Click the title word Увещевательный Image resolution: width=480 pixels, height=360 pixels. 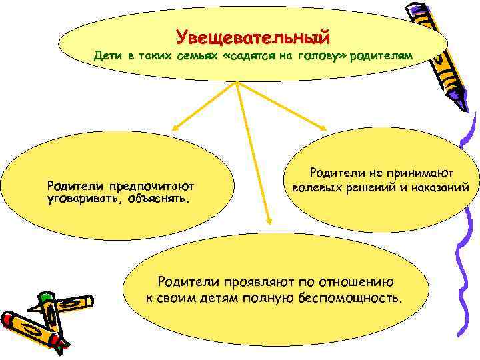tap(253, 33)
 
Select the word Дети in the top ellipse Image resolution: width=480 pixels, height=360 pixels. tap(107, 57)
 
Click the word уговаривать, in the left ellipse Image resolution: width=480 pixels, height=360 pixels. tap(81, 198)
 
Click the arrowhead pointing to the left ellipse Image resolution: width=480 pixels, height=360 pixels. tap(175, 125)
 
